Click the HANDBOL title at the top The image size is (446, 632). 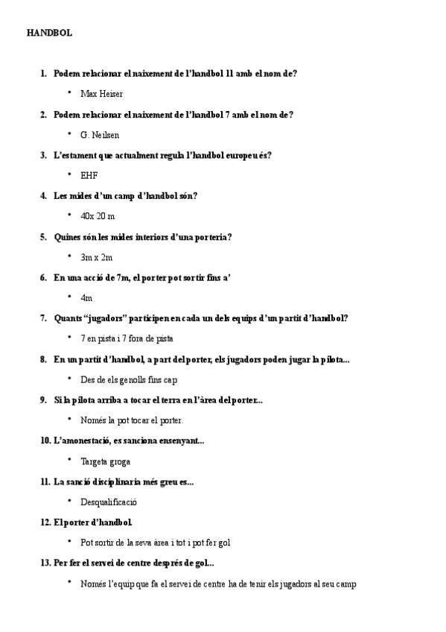(49, 34)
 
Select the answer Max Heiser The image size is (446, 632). (102, 94)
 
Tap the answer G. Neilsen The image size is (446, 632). (100, 135)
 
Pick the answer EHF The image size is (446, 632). (89, 176)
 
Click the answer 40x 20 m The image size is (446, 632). (98, 217)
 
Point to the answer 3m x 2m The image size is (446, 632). (97, 258)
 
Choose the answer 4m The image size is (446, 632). (86, 298)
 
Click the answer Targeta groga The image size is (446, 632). (105, 462)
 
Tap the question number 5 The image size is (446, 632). (44, 237)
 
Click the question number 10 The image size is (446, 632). (45, 441)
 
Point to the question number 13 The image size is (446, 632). (45, 563)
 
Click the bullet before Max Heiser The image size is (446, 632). (69, 93)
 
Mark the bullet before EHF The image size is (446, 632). (69, 175)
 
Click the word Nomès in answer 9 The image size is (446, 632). (93, 420)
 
